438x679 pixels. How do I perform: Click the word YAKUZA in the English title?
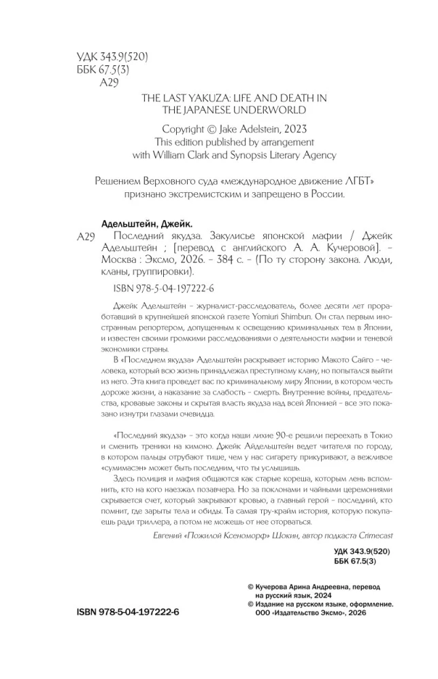[207, 98]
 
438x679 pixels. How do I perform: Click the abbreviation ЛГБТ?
[359, 180]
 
